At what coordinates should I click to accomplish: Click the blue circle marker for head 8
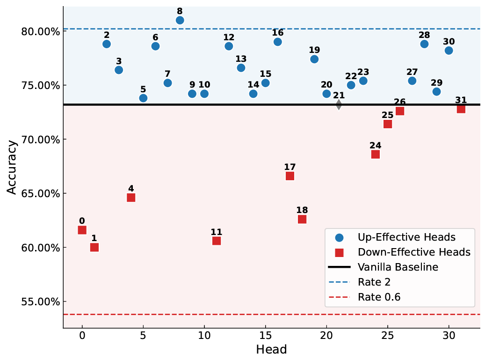point(180,20)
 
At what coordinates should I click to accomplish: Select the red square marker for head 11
point(217,241)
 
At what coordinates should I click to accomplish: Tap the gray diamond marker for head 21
point(339,105)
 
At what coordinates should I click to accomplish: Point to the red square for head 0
point(82,230)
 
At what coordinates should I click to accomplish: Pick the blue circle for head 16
point(278,42)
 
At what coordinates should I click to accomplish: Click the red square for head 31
point(461,109)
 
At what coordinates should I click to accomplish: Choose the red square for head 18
point(302,219)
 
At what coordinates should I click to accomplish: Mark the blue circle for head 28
point(424,44)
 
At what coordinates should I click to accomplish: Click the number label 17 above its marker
point(290,167)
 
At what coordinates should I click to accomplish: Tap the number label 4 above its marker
point(131,189)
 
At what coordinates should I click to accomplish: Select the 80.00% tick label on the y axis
point(40,32)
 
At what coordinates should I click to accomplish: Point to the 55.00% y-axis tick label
point(40,301)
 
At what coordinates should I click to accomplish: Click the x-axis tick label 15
point(265,335)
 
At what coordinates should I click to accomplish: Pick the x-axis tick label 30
point(449,335)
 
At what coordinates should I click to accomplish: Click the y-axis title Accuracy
point(12,167)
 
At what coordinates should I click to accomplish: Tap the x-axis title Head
point(271,349)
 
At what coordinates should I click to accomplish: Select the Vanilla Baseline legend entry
point(398,267)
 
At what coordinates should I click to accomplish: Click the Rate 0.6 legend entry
point(379,297)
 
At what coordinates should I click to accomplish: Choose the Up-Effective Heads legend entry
point(406,237)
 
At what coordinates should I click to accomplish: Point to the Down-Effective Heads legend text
point(414,252)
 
